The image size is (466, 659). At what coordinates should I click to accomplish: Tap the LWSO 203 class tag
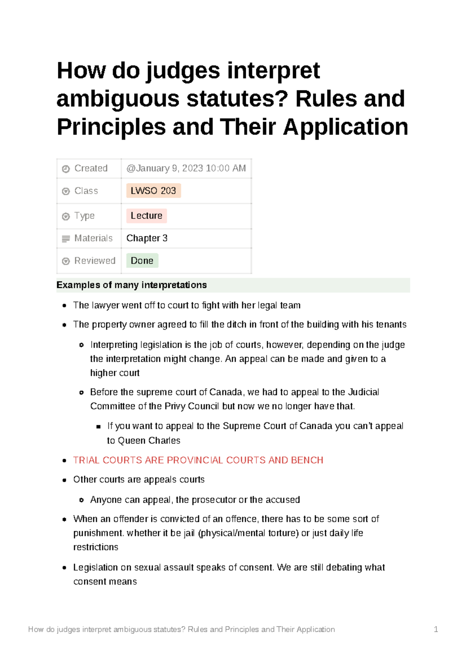point(153,191)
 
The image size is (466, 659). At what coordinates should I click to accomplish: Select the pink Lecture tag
point(146,216)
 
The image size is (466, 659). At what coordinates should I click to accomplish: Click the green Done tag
point(142,261)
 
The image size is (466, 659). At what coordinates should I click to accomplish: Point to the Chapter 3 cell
point(147,238)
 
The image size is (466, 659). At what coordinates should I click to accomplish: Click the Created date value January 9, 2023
point(186,168)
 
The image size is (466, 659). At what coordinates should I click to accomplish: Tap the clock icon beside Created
point(66,169)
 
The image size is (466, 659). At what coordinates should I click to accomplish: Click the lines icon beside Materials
point(66,239)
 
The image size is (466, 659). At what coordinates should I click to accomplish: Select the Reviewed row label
point(95,261)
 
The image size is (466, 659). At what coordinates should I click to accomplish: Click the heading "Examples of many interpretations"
point(132,285)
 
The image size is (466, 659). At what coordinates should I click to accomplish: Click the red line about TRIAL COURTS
point(198,460)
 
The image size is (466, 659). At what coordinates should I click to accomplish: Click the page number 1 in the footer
point(436,630)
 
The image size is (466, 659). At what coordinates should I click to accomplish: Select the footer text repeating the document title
point(181,630)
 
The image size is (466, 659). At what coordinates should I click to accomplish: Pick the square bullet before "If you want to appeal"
point(98,427)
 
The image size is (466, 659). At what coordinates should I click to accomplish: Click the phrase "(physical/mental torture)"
point(248,533)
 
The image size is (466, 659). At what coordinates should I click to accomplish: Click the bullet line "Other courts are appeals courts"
point(139,480)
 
